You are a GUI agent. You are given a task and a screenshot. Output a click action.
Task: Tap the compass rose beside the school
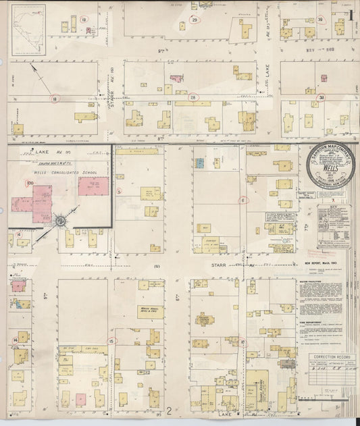pos(60,220)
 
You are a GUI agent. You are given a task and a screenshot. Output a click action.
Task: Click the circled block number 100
pos(30,183)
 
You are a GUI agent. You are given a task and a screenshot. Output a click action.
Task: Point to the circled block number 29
pos(195,20)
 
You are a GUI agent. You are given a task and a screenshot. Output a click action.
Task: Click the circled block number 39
pos(321,20)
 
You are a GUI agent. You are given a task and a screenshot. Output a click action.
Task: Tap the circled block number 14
pos(15,340)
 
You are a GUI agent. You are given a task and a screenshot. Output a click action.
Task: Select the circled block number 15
pos(111,341)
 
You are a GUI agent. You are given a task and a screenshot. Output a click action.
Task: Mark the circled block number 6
pos(242,200)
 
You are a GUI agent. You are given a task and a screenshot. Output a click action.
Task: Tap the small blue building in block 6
pos(200,163)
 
